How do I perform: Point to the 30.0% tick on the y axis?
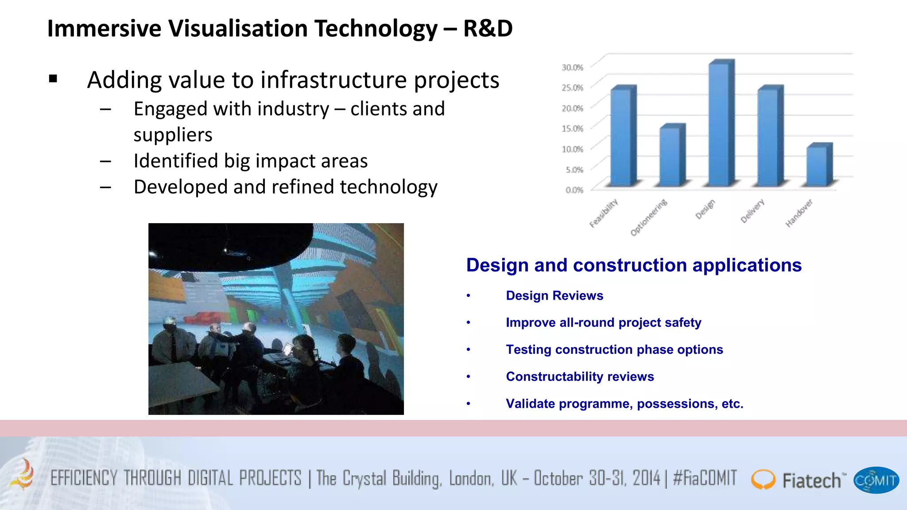coord(572,67)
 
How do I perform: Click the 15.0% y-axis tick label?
coord(572,128)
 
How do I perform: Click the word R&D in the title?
coord(488,29)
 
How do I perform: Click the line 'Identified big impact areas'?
coord(251,161)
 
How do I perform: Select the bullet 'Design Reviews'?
coord(554,296)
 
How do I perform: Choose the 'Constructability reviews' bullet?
coord(580,377)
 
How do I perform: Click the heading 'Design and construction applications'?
coord(634,265)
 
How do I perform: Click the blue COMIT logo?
coord(876,480)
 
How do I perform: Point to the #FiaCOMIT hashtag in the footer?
coord(705,478)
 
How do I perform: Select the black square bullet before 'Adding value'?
coord(54,79)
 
